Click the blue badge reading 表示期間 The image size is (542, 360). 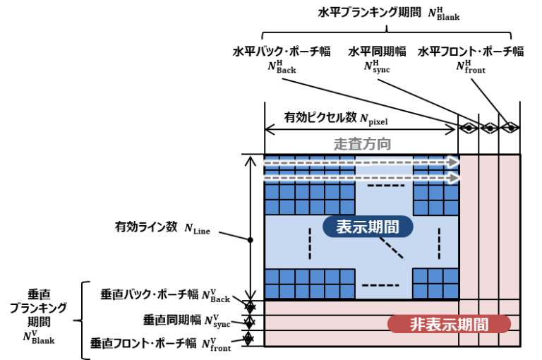(x=368, y=227)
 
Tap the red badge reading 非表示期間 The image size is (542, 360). (x=449, y=325)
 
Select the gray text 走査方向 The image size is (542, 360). (x=362, y=144)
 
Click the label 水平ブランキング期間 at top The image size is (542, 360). (x=369, y=13)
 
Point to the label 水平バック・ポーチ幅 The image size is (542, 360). (x=282, y=52)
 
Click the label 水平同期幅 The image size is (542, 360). (x=377, y=52)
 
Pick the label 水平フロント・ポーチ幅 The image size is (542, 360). (x=471, y=52)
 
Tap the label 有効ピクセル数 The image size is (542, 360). (x=320, y=118)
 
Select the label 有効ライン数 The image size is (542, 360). (x=146, y=227)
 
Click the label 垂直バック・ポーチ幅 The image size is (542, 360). (x=150, y=294)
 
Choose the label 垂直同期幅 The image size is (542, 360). (x=171, y=320)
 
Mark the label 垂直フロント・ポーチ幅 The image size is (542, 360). (x=143, y=343)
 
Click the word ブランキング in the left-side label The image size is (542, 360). (x=38, y=308)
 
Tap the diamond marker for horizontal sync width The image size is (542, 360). (x=489, y=128)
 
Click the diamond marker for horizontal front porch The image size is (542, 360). (x=510, y=128)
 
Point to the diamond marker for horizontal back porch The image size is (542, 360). (x=469, y=128)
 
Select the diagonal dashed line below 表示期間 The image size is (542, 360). (x=391, y=248)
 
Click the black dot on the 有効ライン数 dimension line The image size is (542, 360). (x=251, y=240)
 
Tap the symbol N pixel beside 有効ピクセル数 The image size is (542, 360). (x=373, y=120)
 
